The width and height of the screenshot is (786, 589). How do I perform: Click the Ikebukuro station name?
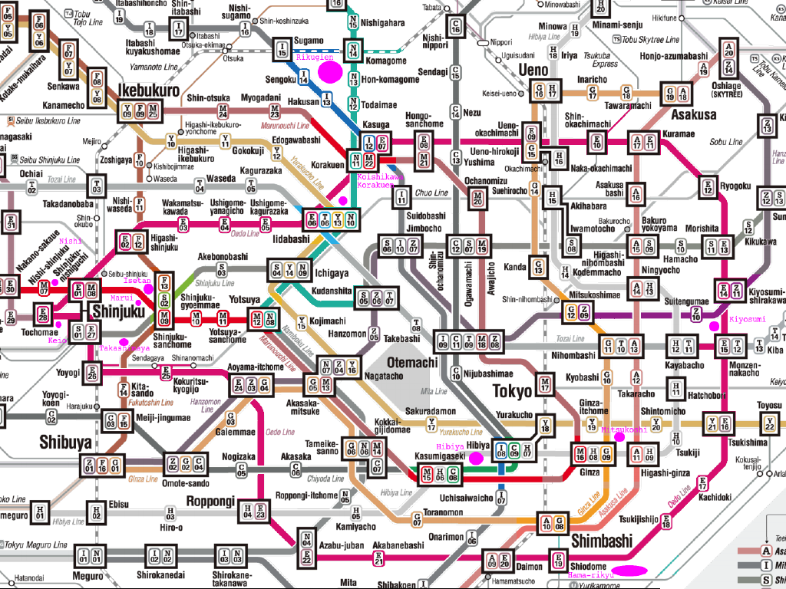coord(148,90)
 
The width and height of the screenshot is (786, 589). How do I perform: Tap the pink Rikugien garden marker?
coord(330,71)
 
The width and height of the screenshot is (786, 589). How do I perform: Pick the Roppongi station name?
coord(210,501)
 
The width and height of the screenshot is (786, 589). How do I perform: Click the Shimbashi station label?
coord(601,541)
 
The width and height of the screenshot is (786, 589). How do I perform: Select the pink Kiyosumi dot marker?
coord(714,326)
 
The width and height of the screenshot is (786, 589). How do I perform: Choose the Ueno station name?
coord(534,71)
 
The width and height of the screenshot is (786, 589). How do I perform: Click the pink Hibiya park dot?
coord(476,459)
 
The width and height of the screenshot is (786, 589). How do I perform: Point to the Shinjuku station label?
coord(117,311)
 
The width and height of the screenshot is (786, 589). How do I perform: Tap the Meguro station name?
coord(88,576)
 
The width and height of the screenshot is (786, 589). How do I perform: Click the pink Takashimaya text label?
coord(124,349)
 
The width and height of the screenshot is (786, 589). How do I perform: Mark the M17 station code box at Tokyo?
coord(545,383)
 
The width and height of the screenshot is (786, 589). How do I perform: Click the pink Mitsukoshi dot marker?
coord(620,437)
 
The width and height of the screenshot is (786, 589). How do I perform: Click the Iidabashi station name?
coord(289,239)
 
